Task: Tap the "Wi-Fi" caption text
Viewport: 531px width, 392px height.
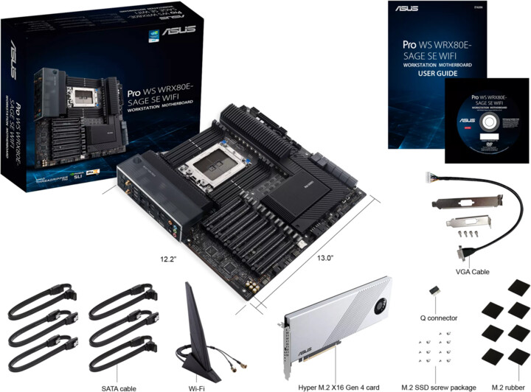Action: tap(196, 387)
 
